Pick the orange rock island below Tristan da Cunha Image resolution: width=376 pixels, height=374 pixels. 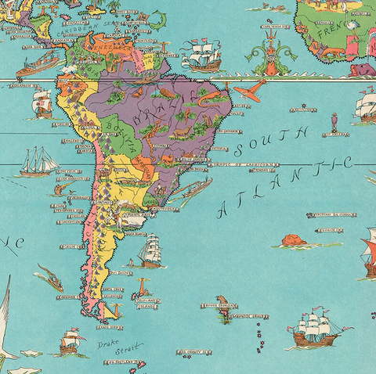(294, 239)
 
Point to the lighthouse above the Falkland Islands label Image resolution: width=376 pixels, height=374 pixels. (143, 286)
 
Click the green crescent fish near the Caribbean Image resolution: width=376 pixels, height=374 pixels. (157, 17)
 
